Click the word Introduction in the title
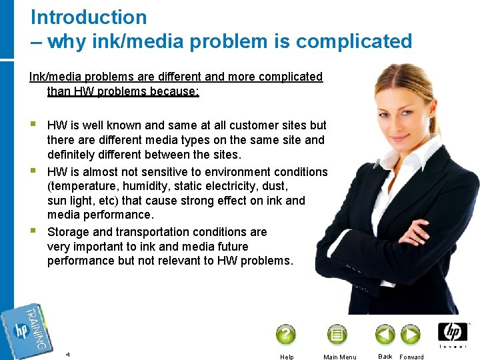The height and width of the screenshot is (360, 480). click(89, 17)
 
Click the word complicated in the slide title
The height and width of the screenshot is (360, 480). click(354, 41)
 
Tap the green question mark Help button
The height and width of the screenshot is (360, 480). click(285, 334)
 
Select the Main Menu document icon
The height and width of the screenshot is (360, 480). click(337, 334)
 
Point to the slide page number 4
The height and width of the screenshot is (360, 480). click(68, 354)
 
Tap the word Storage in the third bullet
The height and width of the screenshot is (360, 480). click(69, 232)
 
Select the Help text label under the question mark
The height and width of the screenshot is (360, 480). click(287, 357)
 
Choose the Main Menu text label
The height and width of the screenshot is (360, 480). click(339, 357)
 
